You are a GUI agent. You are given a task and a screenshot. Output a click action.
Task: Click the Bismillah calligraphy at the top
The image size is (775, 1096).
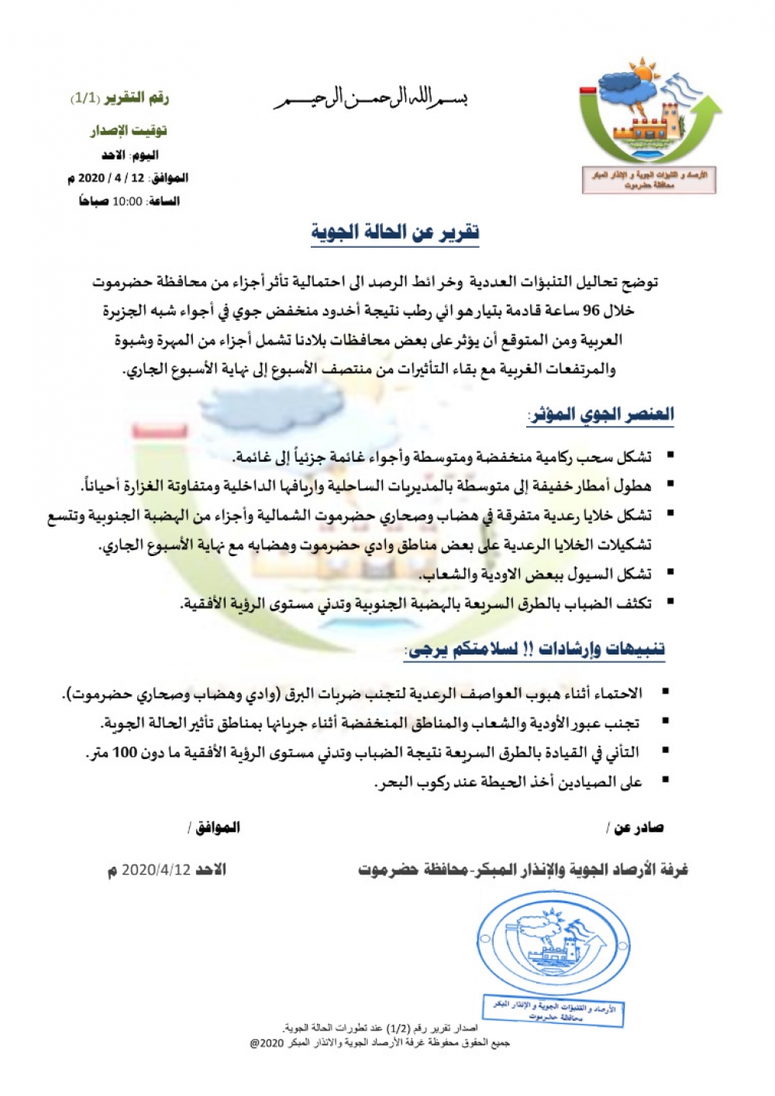pos(371,99)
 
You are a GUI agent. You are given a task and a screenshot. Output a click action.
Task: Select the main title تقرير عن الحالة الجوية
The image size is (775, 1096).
pos(395,232)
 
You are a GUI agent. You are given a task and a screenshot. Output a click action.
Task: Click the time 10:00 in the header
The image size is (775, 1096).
pos(127,201)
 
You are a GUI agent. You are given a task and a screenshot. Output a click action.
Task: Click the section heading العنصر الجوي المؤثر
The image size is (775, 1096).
pos(601,414)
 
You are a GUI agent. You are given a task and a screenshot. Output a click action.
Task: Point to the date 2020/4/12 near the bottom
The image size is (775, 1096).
pos(155,870)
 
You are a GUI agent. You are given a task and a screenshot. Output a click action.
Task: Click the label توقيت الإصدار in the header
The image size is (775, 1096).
pos(129,129)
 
